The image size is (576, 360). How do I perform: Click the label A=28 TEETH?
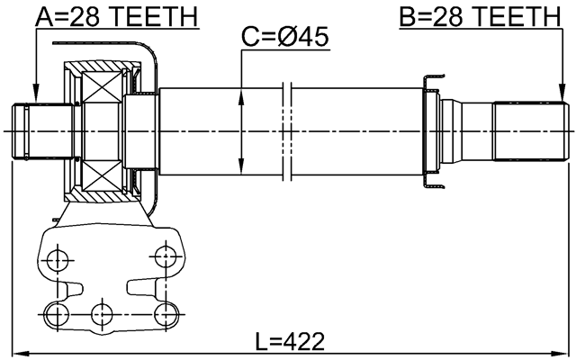[117, 16]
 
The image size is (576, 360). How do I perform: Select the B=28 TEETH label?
[477, 16]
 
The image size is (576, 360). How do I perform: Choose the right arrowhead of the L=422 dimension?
[566, 352]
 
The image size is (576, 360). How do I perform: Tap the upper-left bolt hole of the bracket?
[58, 257]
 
